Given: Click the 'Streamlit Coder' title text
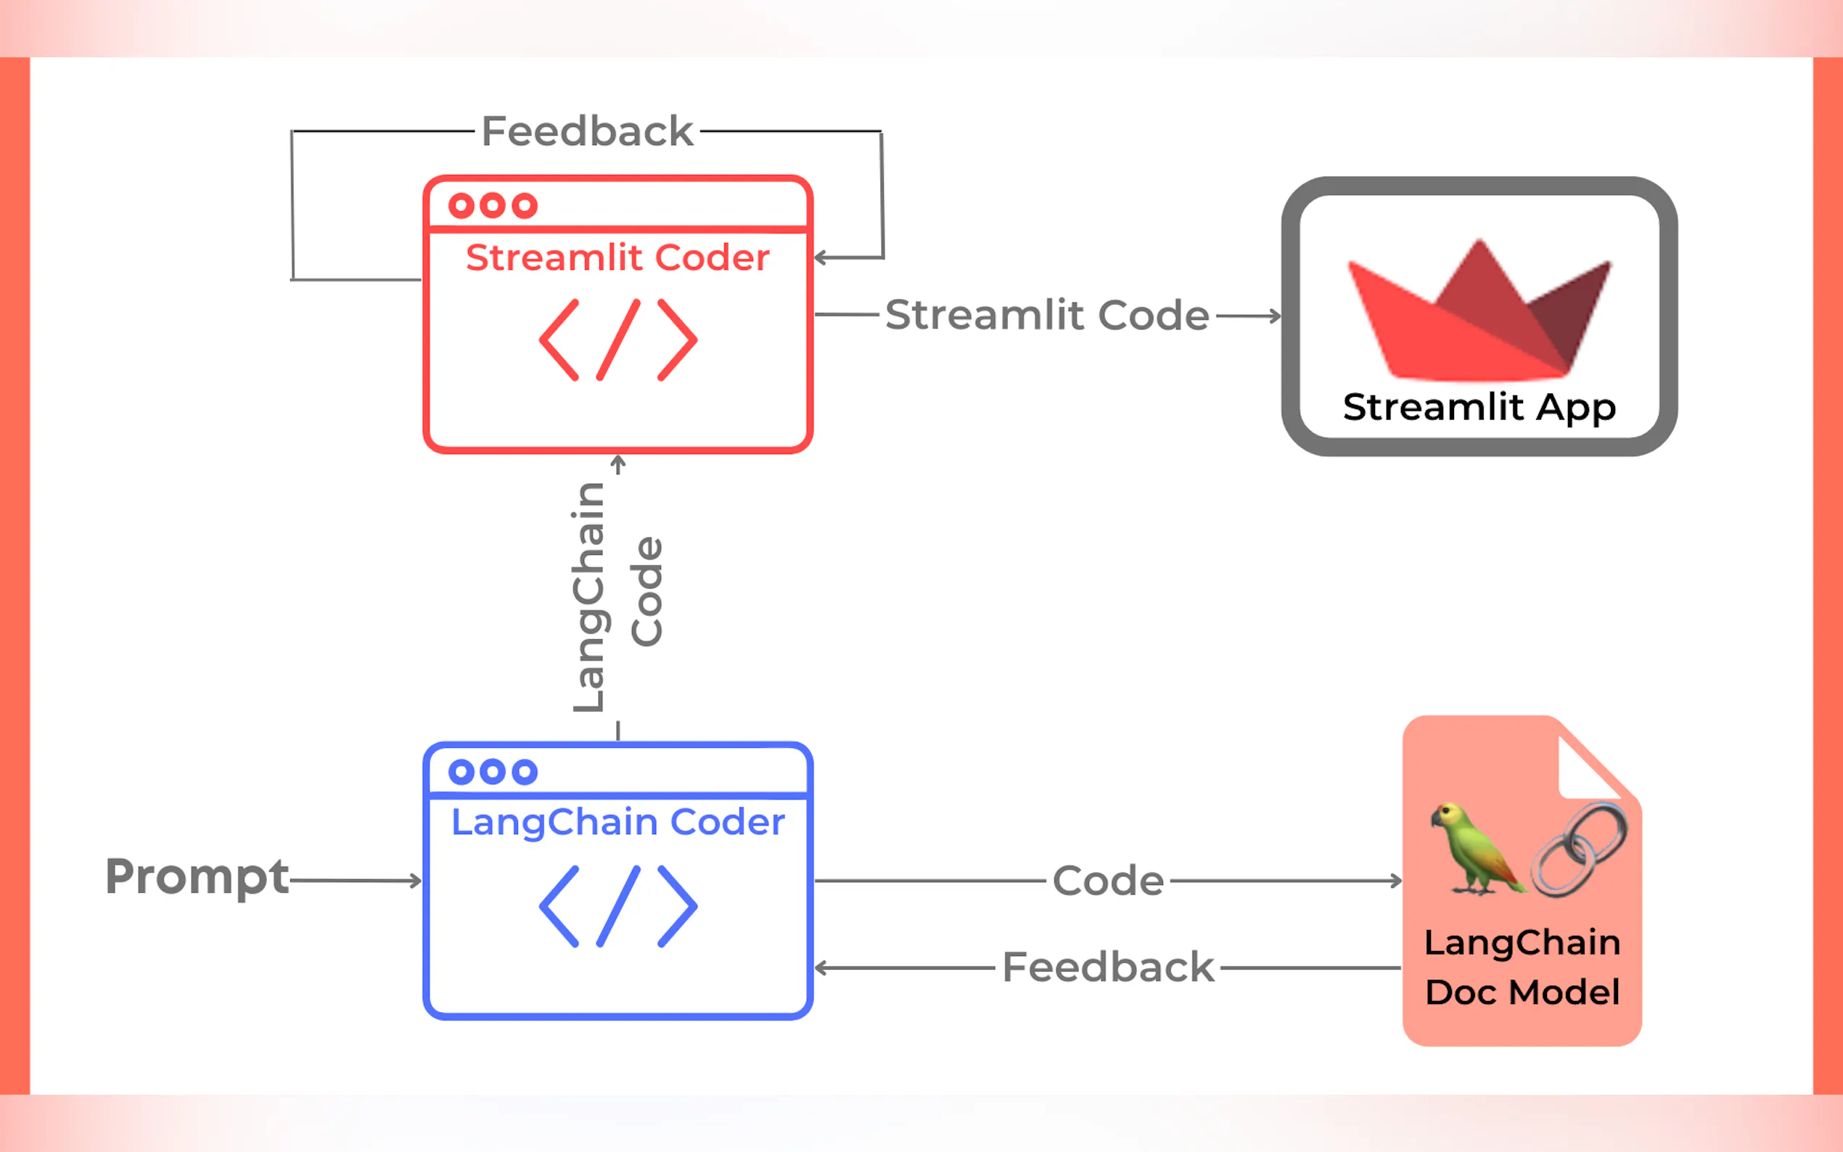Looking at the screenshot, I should coord(617,258).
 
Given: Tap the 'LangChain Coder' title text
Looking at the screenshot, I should coord(617,822).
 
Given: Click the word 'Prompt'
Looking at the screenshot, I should coord(197,876).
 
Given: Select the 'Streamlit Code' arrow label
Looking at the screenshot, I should coord(1047,315).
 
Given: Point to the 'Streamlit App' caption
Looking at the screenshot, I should coord(1479,407).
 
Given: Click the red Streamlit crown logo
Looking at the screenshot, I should coord(1479,313).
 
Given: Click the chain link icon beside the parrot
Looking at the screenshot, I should coord(1579,849).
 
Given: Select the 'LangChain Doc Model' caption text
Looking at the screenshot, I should coord(1522,968).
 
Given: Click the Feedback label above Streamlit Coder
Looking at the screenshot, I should coord(587,131).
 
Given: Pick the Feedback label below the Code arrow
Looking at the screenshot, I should coord(1107,968).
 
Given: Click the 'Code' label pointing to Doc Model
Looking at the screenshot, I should coord(1108,881).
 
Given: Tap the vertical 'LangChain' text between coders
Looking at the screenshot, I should coord(590,598).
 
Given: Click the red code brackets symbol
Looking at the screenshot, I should coord(618,340).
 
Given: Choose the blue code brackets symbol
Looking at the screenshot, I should coord(618,906).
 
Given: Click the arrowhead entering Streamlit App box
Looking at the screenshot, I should coord(1276,316).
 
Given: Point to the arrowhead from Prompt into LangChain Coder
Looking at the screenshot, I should coord(415,881).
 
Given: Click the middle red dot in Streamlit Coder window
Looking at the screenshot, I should coord(493,205).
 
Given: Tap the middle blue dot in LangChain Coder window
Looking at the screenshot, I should coord(493,772).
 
